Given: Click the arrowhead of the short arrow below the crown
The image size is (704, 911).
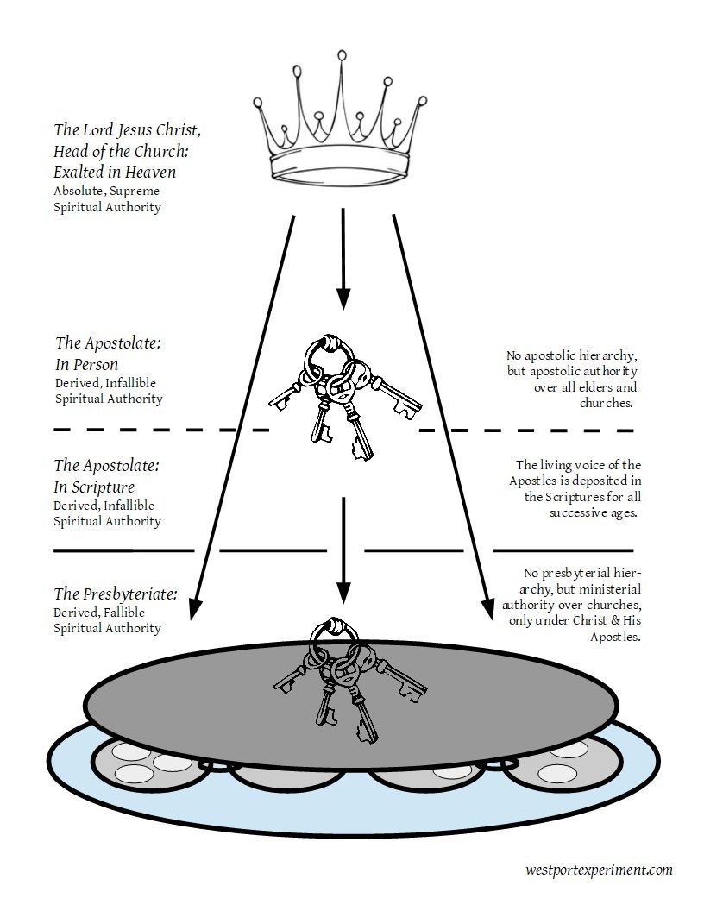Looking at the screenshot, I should (x=343, y=298).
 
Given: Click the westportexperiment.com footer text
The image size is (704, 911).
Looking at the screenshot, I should (x=598, y=870).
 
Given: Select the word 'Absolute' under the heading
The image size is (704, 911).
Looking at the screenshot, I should (x=77, y=191).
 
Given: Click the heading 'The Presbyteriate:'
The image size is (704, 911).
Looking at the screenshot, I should (x=116, y=594).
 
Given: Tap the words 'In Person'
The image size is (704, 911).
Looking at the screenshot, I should (x=86, y=364).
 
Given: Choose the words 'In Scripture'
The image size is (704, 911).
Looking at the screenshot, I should (x=94, y=487).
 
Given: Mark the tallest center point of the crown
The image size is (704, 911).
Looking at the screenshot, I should (x=343, y=57).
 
